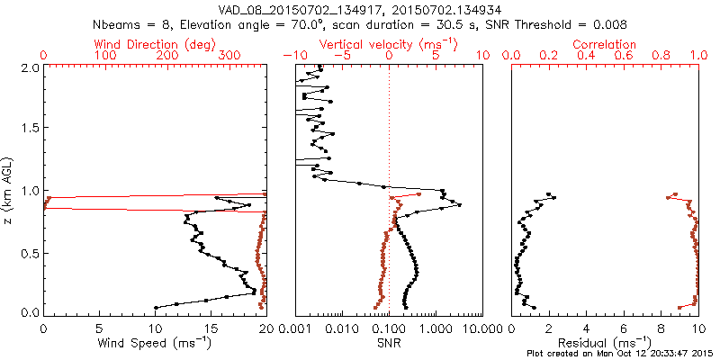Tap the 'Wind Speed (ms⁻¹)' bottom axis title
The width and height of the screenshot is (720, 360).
pyautogui.click(x=154, y=343)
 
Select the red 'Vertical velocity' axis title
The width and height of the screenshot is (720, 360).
pyautogui.click(x=388, y=44)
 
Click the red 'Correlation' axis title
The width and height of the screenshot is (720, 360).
pyautogui.click(x=605, y=44)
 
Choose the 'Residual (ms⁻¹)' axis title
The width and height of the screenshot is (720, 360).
pyautogui.click(x=605, y=343)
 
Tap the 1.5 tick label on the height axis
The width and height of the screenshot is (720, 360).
pyautogui.click(x=31, y=129)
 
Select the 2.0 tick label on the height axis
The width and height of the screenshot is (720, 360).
pyautogui.click(x=31, y=67)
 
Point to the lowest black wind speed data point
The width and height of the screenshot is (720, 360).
pyautogui.click(x=156, y=307)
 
